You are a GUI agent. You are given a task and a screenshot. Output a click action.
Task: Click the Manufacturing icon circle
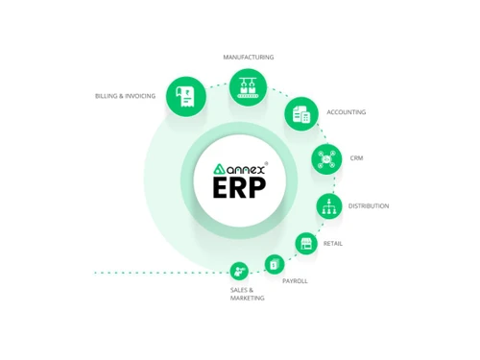click(x=249, y=87)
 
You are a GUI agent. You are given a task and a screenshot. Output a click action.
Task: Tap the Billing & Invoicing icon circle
click(x=185, y=96)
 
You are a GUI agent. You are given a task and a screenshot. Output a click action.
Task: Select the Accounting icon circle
click(x=300, y=113)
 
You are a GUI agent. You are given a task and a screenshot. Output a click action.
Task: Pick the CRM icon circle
click(x=326, y=158)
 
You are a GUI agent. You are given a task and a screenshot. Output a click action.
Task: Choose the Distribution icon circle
click(x=329, y=205)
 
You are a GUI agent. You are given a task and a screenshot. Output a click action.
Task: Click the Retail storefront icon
click(x=306, y=243)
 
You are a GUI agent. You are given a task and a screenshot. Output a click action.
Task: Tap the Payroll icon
click(x=275, y=263)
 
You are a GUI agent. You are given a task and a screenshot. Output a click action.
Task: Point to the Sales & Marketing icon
click(x=239, y=272)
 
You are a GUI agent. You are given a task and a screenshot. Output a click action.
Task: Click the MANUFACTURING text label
click(x=249, y=58)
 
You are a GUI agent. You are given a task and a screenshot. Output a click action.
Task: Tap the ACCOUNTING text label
click(x=346, y=112)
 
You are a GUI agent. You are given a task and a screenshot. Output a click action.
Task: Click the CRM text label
click(x=356, y=158)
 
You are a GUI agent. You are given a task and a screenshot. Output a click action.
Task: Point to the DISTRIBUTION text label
click(x=369, y=205)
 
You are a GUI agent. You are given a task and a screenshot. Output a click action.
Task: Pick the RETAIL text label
click(x=333, y=243)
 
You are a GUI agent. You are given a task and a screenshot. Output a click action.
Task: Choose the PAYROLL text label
click(x=295, y=280)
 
